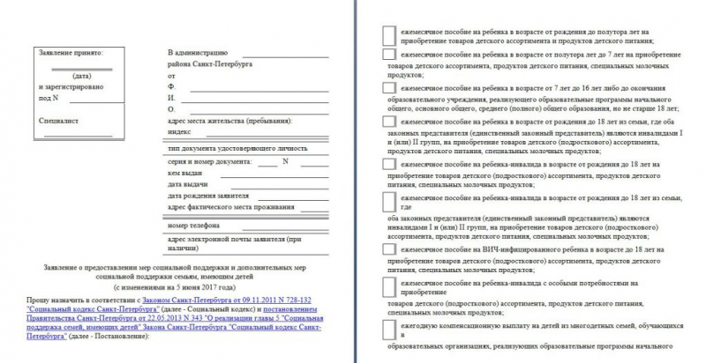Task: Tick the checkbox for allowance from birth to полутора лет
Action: [x=388, y=33]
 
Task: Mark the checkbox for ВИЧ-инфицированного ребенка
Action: [x=388, y=251]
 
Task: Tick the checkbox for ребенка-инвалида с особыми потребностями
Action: [x=388, y=286]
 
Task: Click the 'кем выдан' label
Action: [x=185, y=173]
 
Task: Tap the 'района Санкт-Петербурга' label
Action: [x=210, y=65]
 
